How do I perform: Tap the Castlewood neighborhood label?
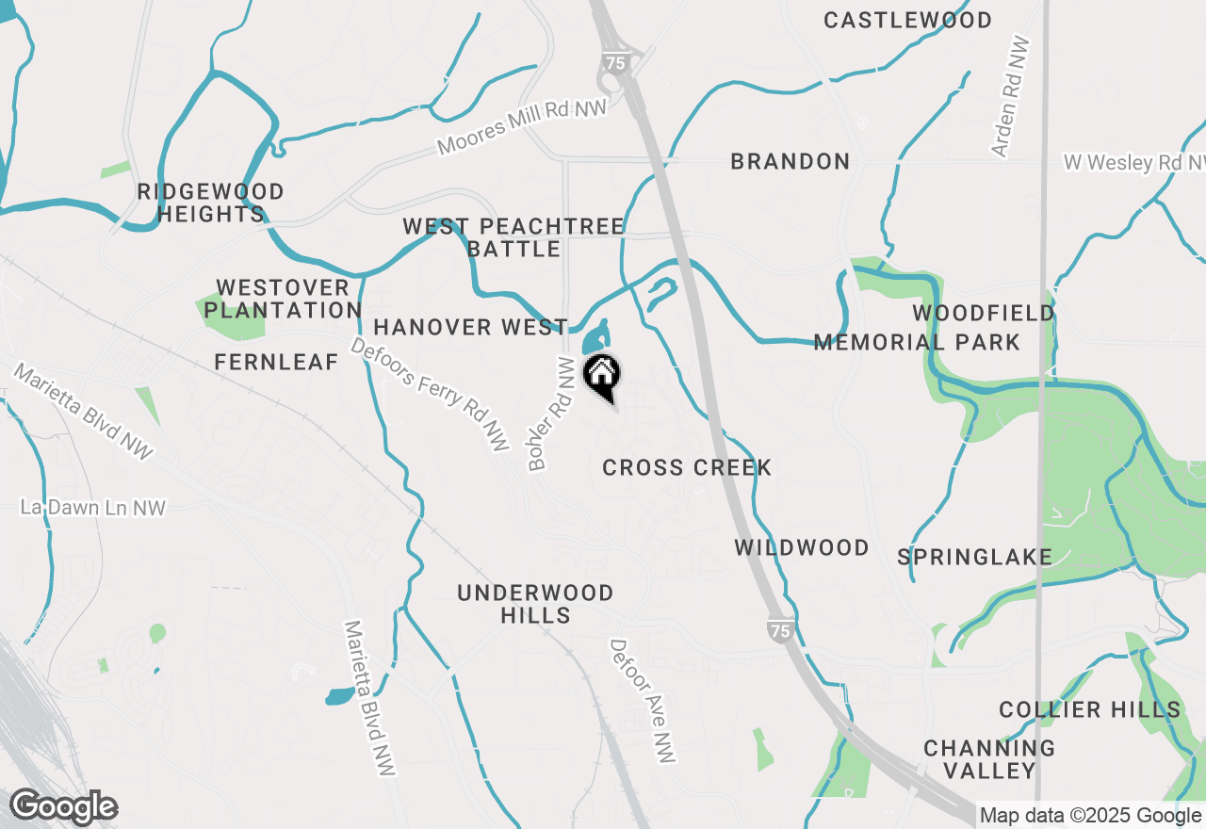click(x=907, y=20)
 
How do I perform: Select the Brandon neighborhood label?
click(x=790, y=161)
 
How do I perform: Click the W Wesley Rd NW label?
click(x=1133, y=162)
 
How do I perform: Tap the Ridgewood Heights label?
click(x=210, y=203)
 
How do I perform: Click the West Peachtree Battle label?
click(x=513, y=237)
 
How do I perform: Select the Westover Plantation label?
click(x=283, y=299)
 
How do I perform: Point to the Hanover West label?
click(x=470, y=327)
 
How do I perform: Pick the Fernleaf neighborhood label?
click(x=276, y=362)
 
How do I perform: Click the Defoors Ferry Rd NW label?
click(x=429, y=394)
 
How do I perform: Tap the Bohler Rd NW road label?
click(x=551, y=413)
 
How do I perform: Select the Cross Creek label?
click(x=687, y=467)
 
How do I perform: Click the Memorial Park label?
click(x=917, y=342)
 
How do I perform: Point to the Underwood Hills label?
click(x=535, y=604)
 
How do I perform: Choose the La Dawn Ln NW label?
click(x=93, y=508)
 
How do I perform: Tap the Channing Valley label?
click(x=989, y=759)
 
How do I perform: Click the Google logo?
click(x=63, y=806)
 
